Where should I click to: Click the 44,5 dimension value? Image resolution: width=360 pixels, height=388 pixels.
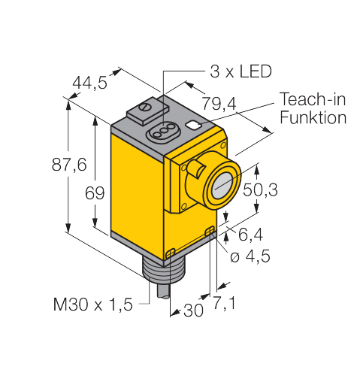[89, 82]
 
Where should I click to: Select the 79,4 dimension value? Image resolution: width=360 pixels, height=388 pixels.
[219, 103]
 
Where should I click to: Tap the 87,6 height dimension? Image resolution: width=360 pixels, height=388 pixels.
[69, 165]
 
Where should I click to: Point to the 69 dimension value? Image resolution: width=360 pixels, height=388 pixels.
[95, 193]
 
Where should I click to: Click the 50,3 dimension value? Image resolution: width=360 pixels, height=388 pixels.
[260, 189]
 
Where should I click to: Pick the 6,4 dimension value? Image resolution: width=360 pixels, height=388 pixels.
[250, 235]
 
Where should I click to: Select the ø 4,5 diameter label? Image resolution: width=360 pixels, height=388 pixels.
[250, 256]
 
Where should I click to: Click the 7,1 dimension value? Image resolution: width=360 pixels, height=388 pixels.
[224, 303]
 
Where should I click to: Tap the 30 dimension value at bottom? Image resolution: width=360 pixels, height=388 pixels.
[193, 311]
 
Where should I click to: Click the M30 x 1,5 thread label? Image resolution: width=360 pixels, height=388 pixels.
[92, 305]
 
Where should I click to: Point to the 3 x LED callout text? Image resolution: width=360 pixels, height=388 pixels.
[241, 71]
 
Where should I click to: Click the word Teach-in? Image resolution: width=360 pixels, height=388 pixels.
[313, 99]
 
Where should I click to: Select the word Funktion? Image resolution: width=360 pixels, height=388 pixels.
[313, 117]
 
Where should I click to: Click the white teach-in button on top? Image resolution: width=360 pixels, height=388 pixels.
[193, 125]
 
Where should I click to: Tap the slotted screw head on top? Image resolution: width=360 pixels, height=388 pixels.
[145, 107]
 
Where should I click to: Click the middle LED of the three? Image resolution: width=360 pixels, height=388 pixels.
[164, 131]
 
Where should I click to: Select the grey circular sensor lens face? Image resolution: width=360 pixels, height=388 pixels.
[223, 186]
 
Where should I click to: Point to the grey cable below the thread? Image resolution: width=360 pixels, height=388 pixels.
[163, 291]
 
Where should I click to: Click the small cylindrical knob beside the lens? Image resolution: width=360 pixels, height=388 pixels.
[196, 168]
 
